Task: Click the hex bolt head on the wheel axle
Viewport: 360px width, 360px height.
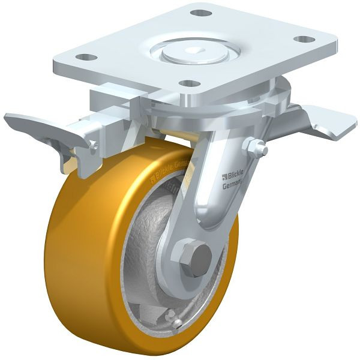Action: pyautogui.click(x=197, y=257)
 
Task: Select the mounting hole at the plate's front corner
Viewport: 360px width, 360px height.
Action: pyautogui.click(x=190, y=84)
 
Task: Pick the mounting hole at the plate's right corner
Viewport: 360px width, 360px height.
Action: pyautogui.click(x=305, y=39)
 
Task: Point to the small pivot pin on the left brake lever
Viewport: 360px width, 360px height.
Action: pyautogui.click(x=93, y=145)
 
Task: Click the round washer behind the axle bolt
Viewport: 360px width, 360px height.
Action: pyautogui.click(x=185, y=267)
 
